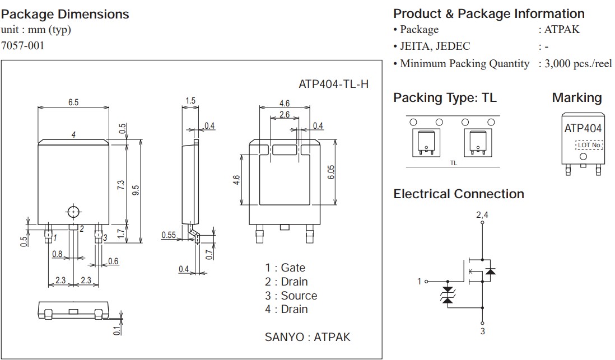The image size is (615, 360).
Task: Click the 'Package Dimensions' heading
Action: click(65, 15)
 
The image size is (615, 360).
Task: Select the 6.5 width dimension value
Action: click(73, 102)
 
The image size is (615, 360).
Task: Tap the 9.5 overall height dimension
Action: click(135, 190)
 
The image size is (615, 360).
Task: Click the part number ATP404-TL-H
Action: click(334, 85)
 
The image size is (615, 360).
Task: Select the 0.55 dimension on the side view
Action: click(169, 235)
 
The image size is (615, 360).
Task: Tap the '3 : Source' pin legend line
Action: click(291, 296)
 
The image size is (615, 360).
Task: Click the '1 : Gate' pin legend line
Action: click(285, 268)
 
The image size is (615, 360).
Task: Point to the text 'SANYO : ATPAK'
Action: click(307, 337)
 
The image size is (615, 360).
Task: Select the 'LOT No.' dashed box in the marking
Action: click(589, 145)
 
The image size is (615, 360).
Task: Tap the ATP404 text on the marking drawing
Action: click(583, 128)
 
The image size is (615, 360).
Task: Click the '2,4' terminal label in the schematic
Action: click(482, 215)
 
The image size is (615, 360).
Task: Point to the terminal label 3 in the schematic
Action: click(482, 331)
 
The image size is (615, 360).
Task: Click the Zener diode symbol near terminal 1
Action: click(447, 296)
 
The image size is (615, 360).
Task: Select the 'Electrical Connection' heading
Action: click(459, 194)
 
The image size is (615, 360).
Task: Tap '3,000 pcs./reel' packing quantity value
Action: click(575, 64)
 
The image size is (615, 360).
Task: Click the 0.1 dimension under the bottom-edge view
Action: click(117, 330)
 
